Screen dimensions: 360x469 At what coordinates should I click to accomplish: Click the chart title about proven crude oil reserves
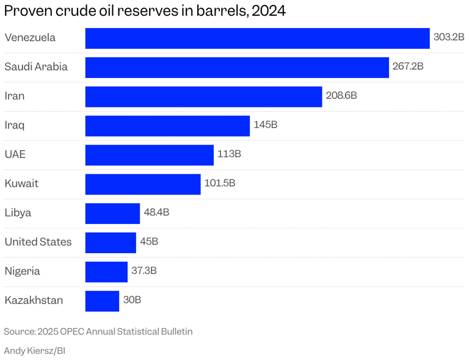point(145,11)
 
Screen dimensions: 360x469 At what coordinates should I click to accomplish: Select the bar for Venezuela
point(257,38)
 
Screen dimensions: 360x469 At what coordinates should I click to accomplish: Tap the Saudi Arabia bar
point(237,67)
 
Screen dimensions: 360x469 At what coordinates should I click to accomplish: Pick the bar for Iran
point(203,96)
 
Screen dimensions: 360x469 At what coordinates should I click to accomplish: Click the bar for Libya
point(112,214)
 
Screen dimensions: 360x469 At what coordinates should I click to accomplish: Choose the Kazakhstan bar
point(102,301)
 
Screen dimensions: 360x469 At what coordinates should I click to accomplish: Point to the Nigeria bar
point(106,272)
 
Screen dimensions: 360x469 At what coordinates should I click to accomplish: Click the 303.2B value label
point(449,37)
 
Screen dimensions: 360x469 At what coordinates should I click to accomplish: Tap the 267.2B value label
point(408,67)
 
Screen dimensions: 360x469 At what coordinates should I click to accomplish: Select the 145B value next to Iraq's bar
point(266,125)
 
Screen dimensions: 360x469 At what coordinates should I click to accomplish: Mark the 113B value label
point(229,154)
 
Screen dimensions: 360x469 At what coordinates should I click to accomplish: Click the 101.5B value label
point(220,183)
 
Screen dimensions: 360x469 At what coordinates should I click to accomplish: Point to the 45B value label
point(149,242)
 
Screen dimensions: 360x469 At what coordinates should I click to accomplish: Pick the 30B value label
point(132,300)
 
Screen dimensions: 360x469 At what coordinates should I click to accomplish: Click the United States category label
point(38,242)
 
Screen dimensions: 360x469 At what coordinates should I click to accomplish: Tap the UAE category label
point(15,154)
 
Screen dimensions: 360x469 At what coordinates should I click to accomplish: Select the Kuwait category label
point(21,184)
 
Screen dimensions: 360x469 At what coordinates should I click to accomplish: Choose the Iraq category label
point(15,125)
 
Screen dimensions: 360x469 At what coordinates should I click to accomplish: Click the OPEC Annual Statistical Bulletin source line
point(98,332)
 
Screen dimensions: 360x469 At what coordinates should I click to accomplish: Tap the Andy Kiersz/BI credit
point(35,351)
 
